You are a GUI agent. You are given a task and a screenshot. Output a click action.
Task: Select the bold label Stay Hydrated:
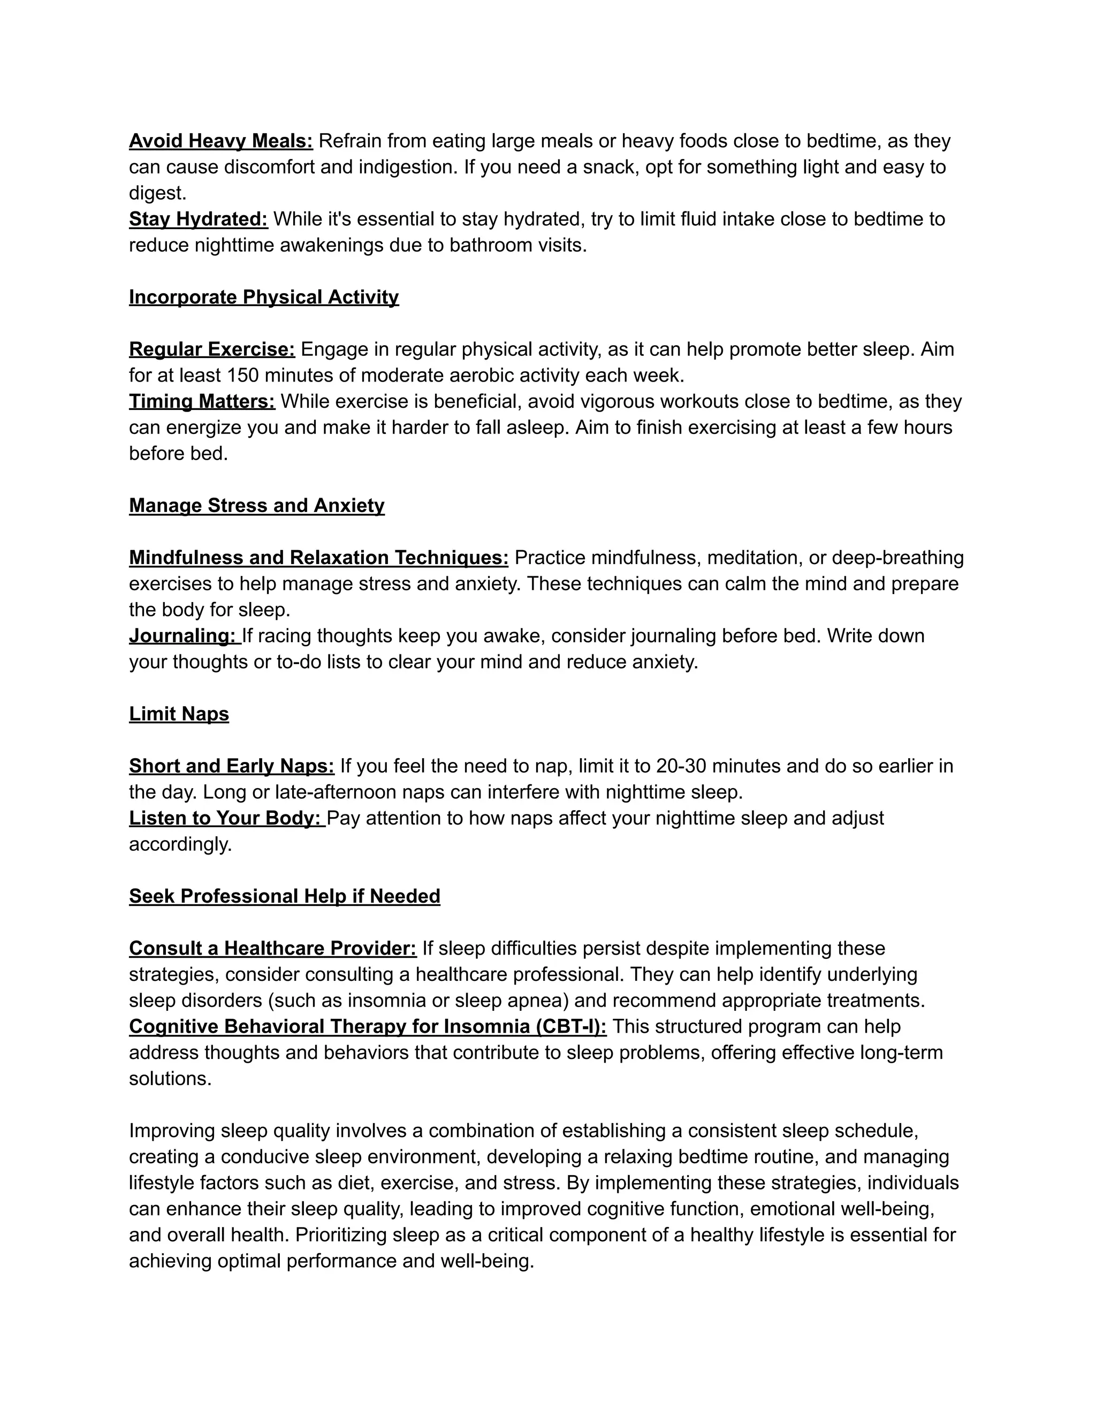coord(198,219)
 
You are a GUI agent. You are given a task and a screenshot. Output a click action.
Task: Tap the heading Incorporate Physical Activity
coord(264,298)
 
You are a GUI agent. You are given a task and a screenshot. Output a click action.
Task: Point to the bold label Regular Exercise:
coord(212,349)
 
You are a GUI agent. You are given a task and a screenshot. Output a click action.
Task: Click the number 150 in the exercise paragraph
coord(242,375)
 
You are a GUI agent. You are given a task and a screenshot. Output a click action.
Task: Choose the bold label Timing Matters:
coord(202,401)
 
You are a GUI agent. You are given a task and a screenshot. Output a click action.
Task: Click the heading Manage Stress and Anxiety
coord(256,506)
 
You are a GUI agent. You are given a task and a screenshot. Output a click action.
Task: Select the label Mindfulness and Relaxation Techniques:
coord(318,558)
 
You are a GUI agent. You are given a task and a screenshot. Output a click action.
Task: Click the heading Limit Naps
coord(179,714)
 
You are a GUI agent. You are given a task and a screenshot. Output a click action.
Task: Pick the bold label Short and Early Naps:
coord(231,766)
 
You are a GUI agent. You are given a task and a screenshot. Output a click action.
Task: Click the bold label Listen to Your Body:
coord(225,818)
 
